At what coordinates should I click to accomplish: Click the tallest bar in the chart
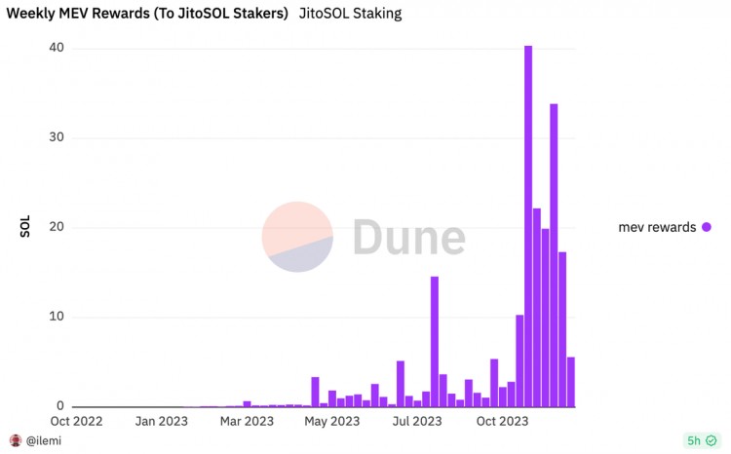click(x=528, y=225)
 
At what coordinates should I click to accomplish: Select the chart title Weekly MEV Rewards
click(x=147, y=14)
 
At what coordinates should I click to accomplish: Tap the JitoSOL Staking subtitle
click(x=350, y=14)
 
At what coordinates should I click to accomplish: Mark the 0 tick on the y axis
click(x=59, y=406)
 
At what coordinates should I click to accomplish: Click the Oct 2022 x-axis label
click(x=75, y=422)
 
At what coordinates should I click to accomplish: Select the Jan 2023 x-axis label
click(x=161, y=422)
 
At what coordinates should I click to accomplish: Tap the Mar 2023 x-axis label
click(x=247, y=422)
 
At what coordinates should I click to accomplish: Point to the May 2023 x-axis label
click(x=331, y=422)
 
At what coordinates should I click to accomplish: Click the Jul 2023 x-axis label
click(x=416, y=422)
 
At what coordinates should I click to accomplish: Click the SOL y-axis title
click(x=25, y=226)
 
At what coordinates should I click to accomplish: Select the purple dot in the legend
click(x=706, y=227)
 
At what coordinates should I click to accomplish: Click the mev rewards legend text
click(x=657, y=227)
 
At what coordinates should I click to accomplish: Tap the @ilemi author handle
click(x=42, y=441)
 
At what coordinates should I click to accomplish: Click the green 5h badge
click(x=699, y=440)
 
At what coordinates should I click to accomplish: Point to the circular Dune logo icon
click(x=297, y=237)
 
